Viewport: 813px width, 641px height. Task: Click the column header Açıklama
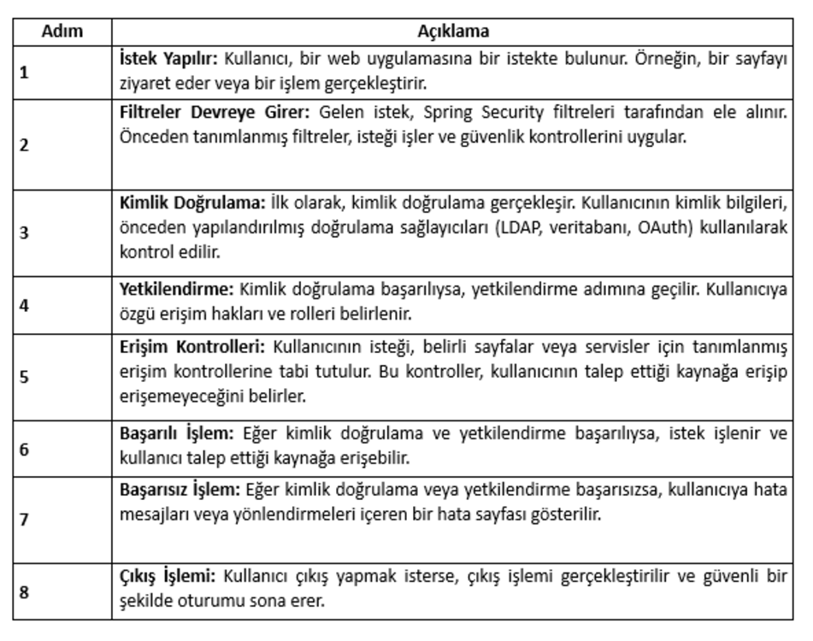point(453,32)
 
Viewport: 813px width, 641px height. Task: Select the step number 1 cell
point(25,73)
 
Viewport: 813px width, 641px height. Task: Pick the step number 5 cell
point(25,375)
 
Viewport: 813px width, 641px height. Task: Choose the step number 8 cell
point(25,589)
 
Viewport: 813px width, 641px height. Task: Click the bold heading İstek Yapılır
point(169,62)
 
